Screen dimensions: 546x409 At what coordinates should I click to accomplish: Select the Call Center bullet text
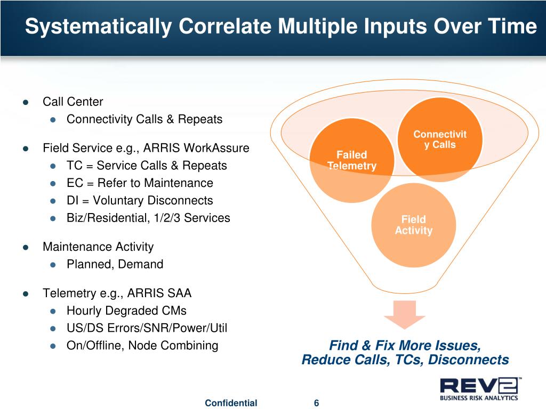[x=73, y=102]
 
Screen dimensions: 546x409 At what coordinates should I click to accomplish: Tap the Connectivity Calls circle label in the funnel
[x=440, y=140]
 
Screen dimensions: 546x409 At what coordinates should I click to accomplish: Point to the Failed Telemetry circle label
[x=352, y=160]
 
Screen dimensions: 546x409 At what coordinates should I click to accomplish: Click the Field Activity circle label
[x=413, y=225]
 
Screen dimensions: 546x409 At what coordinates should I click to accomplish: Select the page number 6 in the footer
[x=317, y=403]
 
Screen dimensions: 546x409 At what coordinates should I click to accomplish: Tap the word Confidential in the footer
[x=231, y=403]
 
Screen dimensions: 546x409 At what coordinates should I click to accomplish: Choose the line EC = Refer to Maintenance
[x=140, y=183]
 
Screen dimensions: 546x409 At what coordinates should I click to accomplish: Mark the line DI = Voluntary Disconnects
[x=140, y=201]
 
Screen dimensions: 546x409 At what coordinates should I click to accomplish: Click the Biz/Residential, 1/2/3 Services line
[x=148, y=218]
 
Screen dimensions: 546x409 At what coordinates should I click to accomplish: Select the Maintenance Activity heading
[x=98, y=247]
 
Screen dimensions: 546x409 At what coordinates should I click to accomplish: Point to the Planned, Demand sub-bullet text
[x=115, y=264]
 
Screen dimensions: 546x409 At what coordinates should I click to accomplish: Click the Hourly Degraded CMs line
[x=126, y=310]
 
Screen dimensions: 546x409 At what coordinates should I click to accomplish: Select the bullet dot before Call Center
[x=25, y=102]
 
